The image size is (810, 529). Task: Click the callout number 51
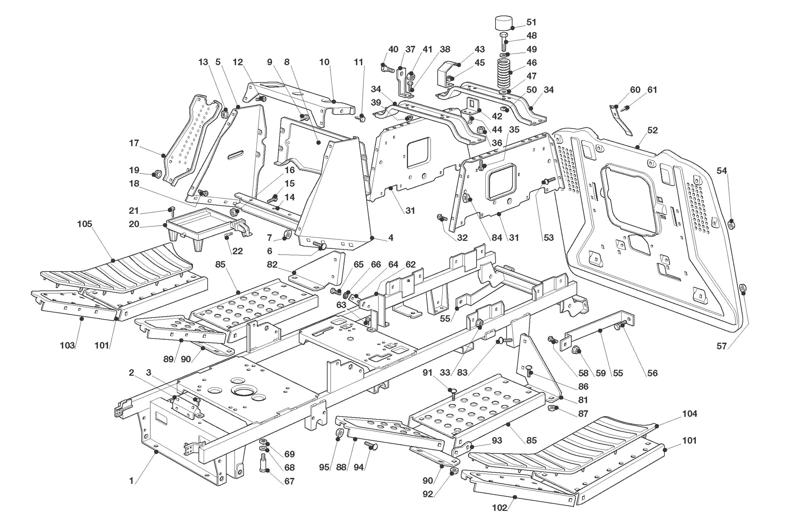(531, 22)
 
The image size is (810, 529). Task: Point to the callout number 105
(85, 224)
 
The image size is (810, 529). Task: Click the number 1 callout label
(131, 481)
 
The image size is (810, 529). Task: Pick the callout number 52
(652, 130)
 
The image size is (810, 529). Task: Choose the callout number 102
(499, 508)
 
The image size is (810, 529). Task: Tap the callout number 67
(289, 481)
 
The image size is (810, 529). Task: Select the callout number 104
(689, 414)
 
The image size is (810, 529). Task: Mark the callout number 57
(721, 346)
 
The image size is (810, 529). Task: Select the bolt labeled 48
(504, 42)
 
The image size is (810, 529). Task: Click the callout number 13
(203, 62)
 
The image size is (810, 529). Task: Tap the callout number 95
(324, 467)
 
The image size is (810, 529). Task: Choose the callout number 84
(497, 238)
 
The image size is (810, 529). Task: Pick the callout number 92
(428, 494)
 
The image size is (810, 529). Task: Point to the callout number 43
(480, 49)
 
